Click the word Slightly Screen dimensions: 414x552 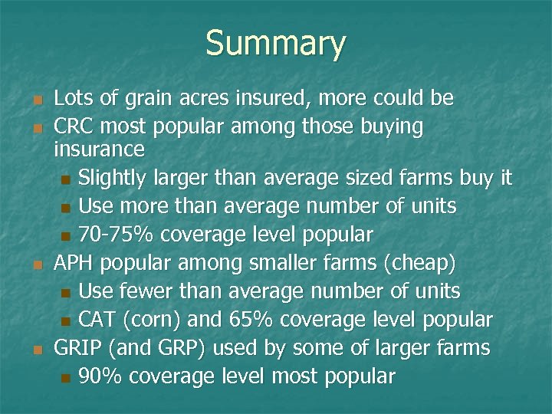click(117, 179)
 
